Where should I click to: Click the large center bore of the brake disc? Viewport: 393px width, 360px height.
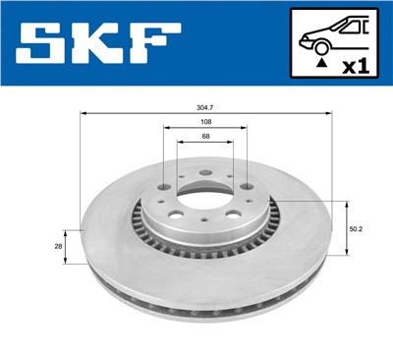coord(203,193)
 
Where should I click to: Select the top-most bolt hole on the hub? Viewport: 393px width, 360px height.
coord(203,177)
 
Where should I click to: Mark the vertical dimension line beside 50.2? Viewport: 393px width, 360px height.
coord(347,227)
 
